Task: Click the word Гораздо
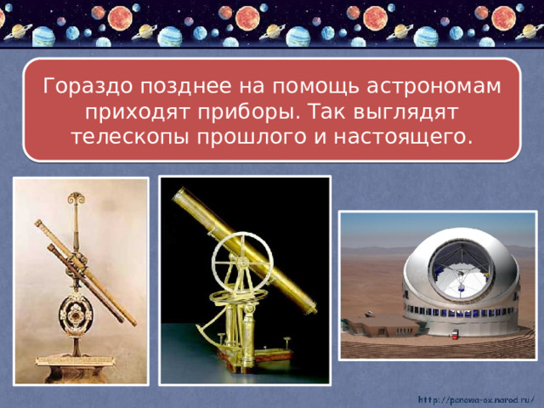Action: [85, 87]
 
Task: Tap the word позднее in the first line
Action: [176, 87]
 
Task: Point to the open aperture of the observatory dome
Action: [462, 268]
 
